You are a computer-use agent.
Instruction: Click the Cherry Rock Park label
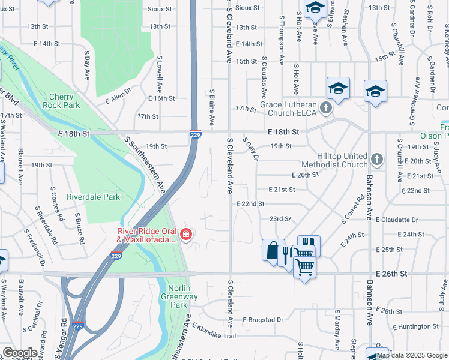coord(61,101)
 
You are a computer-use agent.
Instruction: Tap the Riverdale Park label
coord(94,197)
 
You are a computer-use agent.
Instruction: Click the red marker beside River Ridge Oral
coord(186,233)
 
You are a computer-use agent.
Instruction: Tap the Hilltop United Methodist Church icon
coord(376,160)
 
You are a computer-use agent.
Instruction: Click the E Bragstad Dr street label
coord(263,320)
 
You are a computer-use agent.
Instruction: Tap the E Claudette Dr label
coord(397,220)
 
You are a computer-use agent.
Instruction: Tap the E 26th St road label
coord(391,274)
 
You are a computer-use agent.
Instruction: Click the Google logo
coord(20,353)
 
